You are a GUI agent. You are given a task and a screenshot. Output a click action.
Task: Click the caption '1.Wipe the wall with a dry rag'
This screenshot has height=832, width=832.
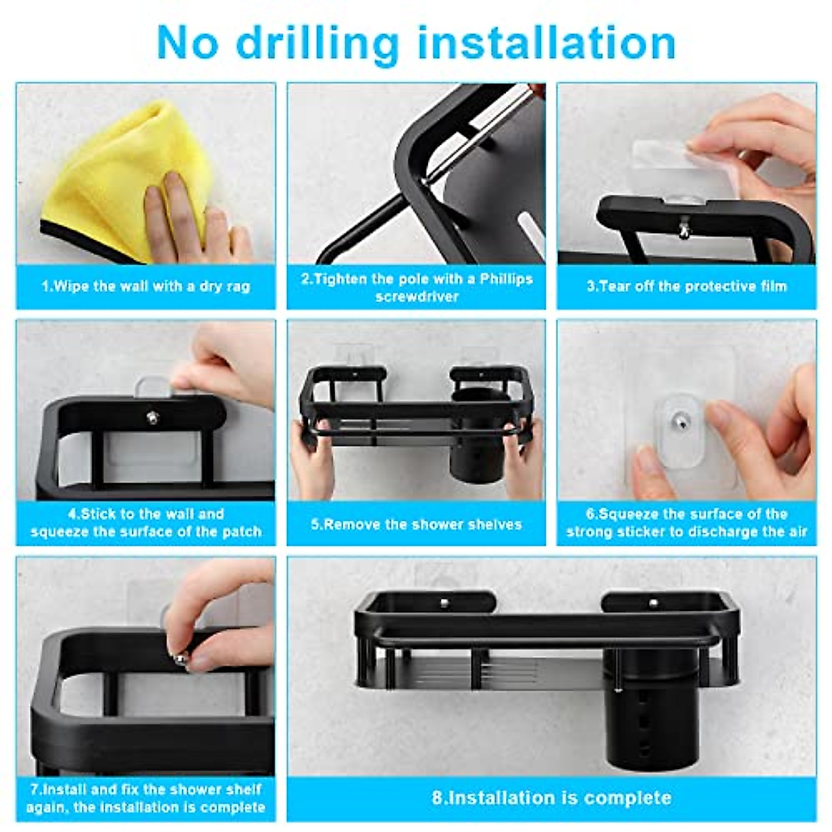(x=146, y=286)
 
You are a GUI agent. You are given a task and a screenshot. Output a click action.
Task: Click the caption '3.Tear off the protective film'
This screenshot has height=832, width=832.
(x=686, y=286)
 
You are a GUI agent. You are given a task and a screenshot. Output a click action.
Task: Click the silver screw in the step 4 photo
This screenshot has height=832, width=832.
(x=152, y=417)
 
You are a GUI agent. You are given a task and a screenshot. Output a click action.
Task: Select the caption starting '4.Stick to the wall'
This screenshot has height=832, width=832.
(x=146, y=523)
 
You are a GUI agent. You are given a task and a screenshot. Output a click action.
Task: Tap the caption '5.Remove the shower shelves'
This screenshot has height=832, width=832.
(x=416, y=524)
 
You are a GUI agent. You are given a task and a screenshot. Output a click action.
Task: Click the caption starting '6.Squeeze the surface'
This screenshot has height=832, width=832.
(x=686, y=523)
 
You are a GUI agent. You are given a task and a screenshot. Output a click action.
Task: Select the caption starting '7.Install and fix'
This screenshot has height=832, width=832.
(x=146, y=798)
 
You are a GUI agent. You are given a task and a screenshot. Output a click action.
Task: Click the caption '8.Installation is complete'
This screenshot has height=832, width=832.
(x=551, y=797)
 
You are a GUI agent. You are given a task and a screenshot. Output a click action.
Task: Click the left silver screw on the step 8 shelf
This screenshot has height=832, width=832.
(x=444, y=603)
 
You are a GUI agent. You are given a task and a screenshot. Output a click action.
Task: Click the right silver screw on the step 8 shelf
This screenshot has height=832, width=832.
(x=653, y=603)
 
